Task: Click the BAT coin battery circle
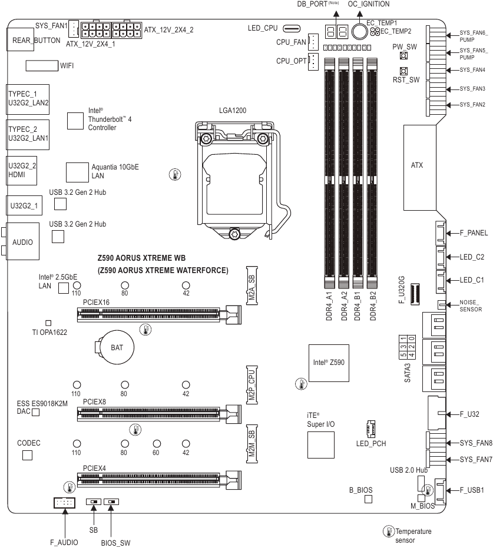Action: coord(117,347)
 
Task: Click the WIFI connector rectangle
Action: coord(42,65)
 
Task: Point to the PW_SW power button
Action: coord(405,56)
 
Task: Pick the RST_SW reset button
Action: coord(405,71)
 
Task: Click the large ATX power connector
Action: coord(421,167)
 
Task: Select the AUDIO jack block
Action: coord(22,241)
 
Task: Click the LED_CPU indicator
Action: coord(292,28)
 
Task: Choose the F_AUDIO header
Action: coord(64,503)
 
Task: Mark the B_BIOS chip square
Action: coord(369,499)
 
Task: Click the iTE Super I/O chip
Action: coord(321,444)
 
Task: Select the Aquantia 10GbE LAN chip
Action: coord(77,171)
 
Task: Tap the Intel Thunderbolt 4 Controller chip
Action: coord(74,120)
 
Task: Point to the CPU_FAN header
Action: coord(313,42)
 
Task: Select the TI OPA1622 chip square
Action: coord(48,323)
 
